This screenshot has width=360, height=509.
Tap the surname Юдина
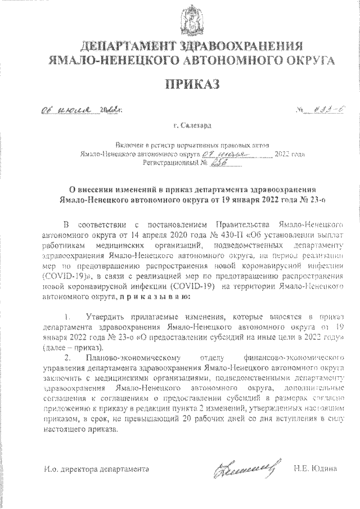coord(324,469)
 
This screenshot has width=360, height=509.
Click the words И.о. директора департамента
coord(97,469)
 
